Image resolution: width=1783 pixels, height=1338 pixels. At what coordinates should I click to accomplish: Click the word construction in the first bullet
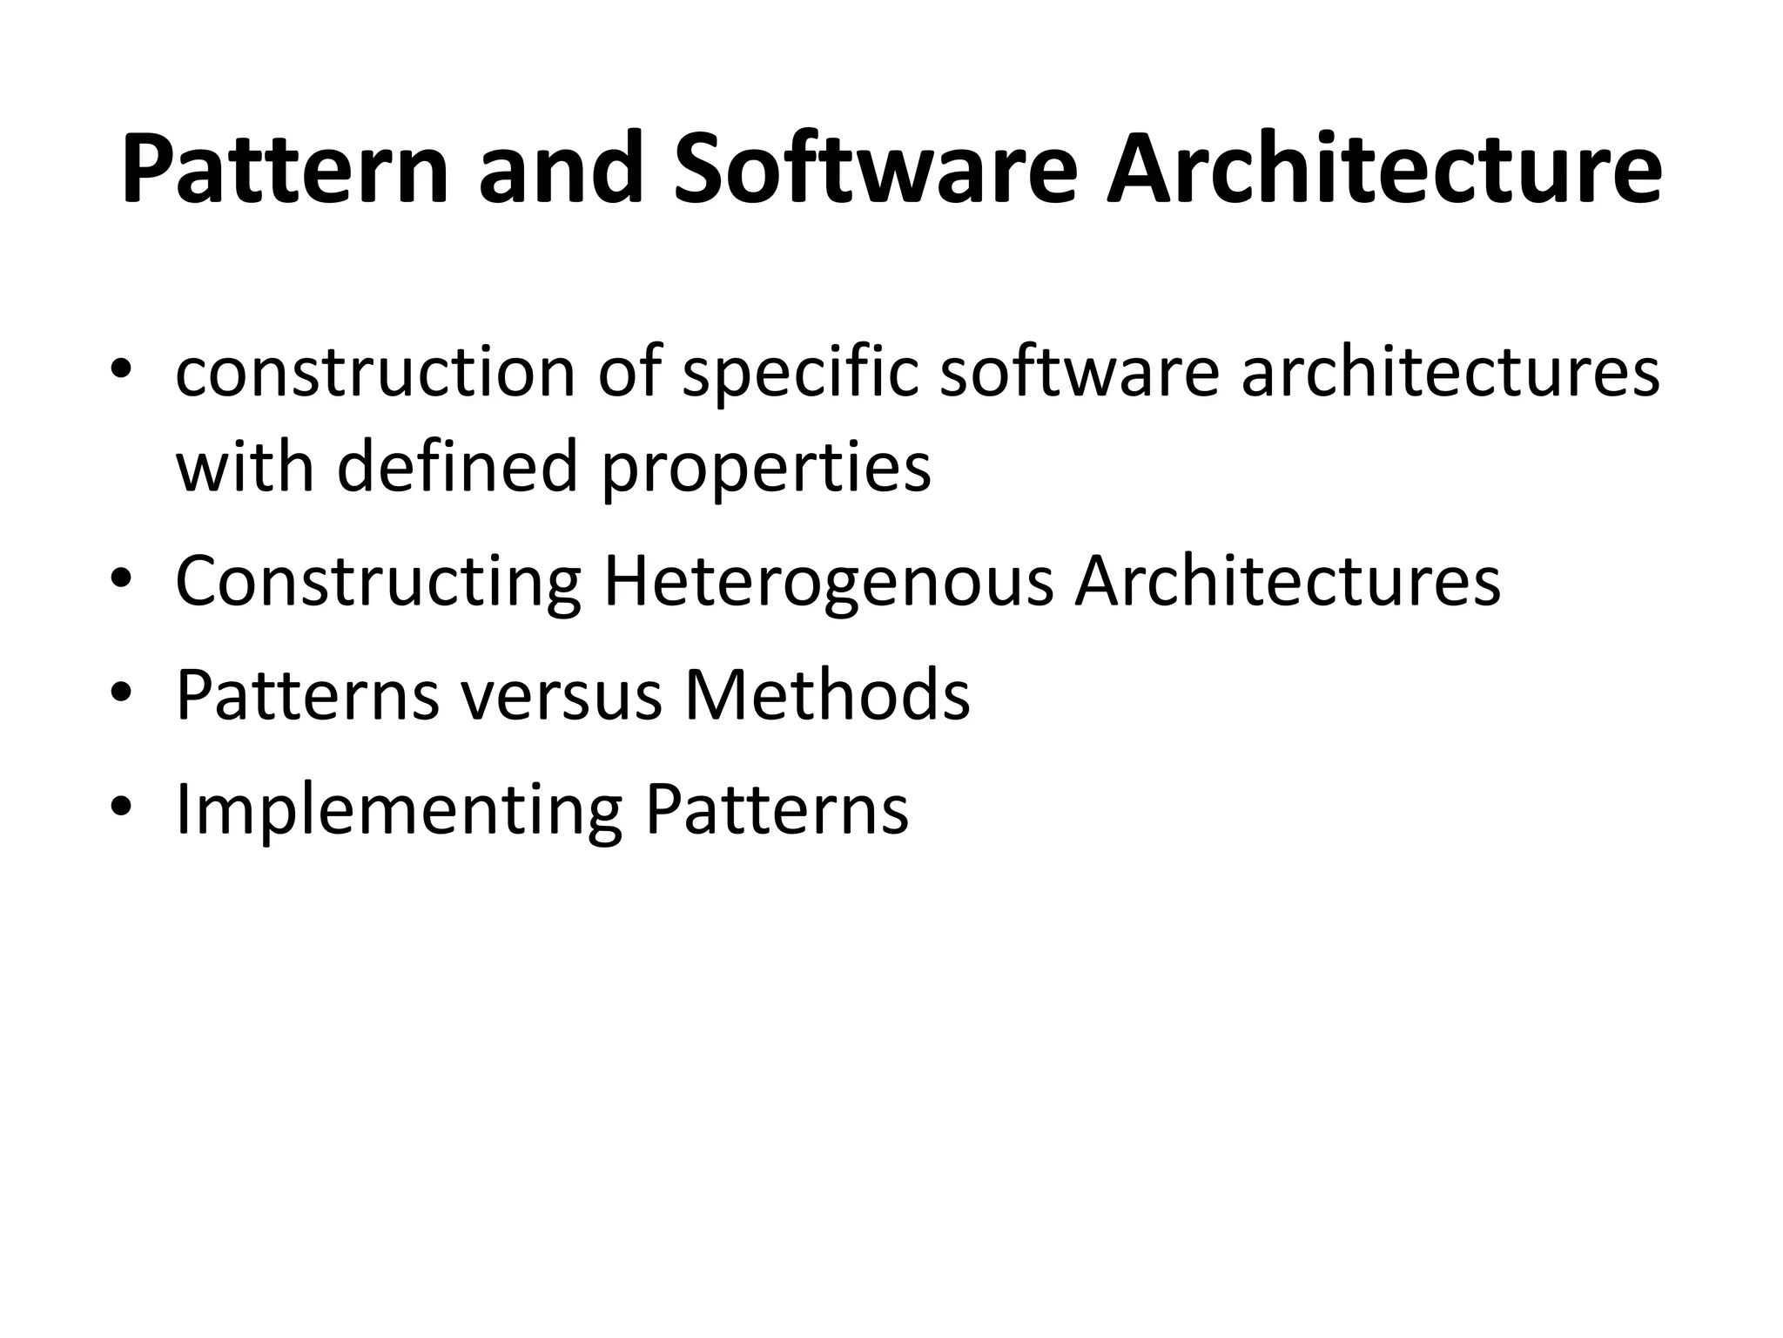[375, 373]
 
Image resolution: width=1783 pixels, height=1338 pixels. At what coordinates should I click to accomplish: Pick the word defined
[457, 466]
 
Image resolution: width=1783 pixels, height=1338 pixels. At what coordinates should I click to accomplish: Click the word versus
[562, 695]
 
